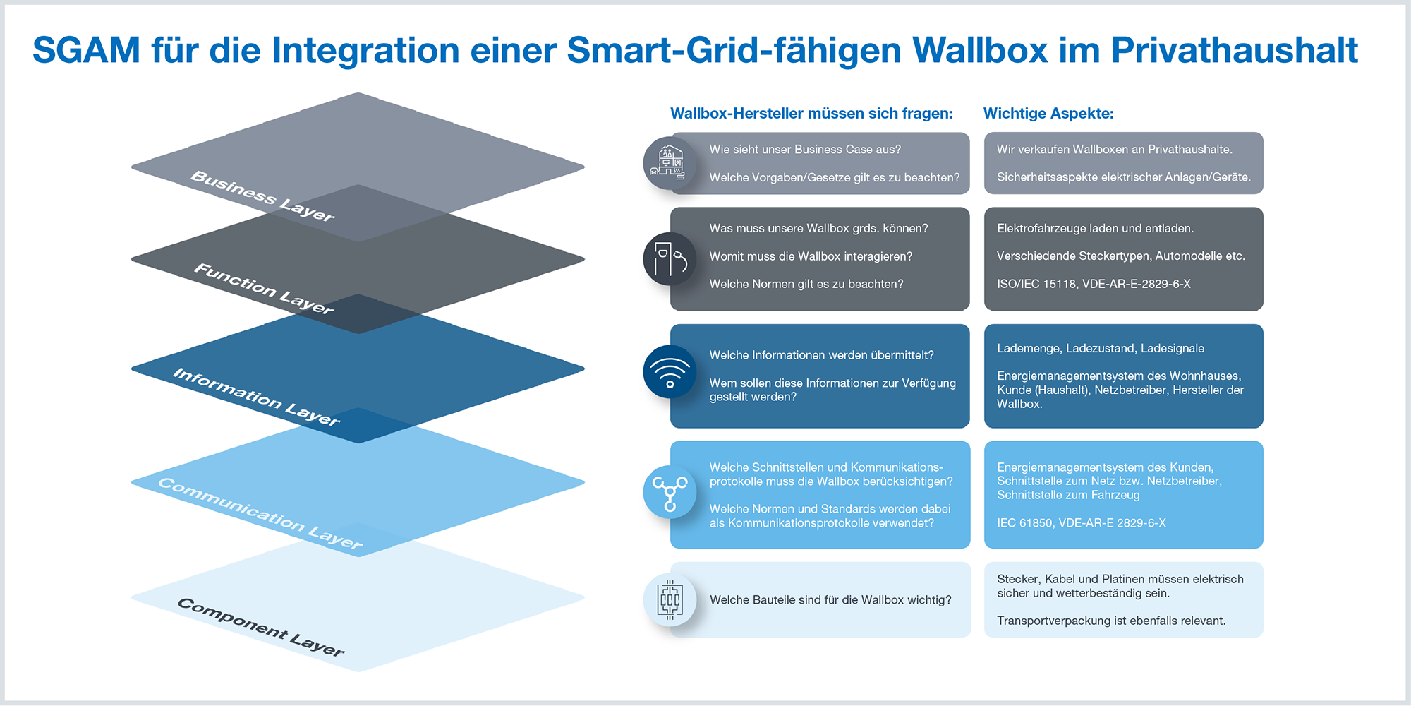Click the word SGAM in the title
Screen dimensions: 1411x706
(x=87, y=50)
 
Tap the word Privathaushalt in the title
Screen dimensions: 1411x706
(x=1235, y=50)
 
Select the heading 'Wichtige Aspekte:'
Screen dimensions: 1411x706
(x=1048, y=113)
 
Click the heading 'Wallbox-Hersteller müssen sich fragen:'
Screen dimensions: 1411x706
(x=811, y=113)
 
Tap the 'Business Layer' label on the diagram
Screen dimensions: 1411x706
(x=262, y=196)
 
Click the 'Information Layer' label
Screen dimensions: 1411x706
(x=257, y=397)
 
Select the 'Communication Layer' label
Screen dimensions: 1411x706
(x=260, y=513)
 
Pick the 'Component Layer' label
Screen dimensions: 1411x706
(x=261, y=627)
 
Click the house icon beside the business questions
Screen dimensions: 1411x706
(x=670, y=163)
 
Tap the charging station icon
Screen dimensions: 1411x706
(x=670, y=259)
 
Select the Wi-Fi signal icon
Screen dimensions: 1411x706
(x=670, y=372)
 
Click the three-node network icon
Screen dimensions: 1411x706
(x=670, y=493)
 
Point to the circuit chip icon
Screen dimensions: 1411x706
(x=670, y=600)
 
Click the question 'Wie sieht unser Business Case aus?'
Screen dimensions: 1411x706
(x=805, y=150)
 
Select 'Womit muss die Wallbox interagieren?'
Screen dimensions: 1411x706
(x=811, y=256)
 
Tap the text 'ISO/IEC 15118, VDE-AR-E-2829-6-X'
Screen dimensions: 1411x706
(x=1094, y=284)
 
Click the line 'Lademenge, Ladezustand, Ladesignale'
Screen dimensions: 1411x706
(x=1101, y=348)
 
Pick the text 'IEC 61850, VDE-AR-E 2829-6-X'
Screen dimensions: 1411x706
(x=1082, y=523)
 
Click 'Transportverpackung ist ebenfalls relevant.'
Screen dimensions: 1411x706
(x=1111, y=621)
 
